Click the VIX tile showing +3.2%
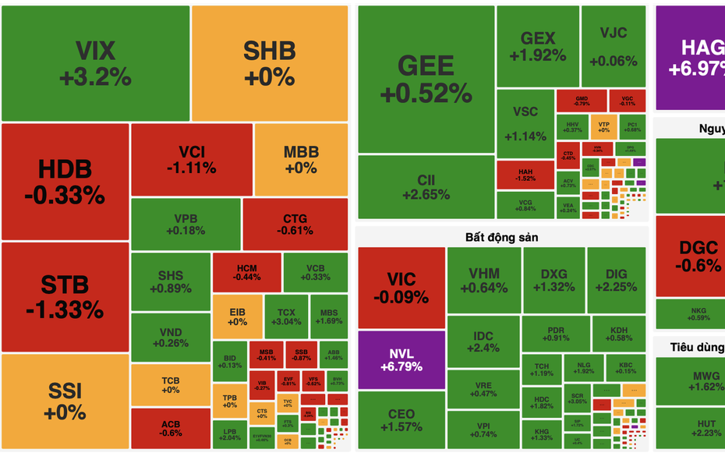pyautogui.click(x=95, y=63)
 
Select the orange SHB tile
pyautogui.click(x=269, y=63)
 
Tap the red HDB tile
pyautogui.click(x=65, y=181)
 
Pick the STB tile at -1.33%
pyautogui.click(x=65, y=296)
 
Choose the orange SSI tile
pyautogui.click(x=65, y=400)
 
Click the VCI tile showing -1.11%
pyautogui.click(x=191, y=159)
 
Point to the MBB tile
pyautogui.click(x=300, y=159)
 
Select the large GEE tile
pyautogui.click(x=426, y=78)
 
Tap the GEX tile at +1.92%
pyautogui.click(x=538, y=46)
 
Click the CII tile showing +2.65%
pyautogui.click(x=426, y=187)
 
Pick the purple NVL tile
pyautogui.click(x=401, y=359)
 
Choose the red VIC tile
pyautogui.click(x=401, y=287)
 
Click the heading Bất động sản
pyautogui.click(x=502, y=236)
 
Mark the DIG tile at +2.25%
pyautogui.click(x=617, y=280)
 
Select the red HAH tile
pyautogui.click(x=525, y=173)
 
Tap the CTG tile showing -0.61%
pyautogui.click(x=295, y=224)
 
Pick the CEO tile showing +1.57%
pyautogui.click(x=401, y=419)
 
